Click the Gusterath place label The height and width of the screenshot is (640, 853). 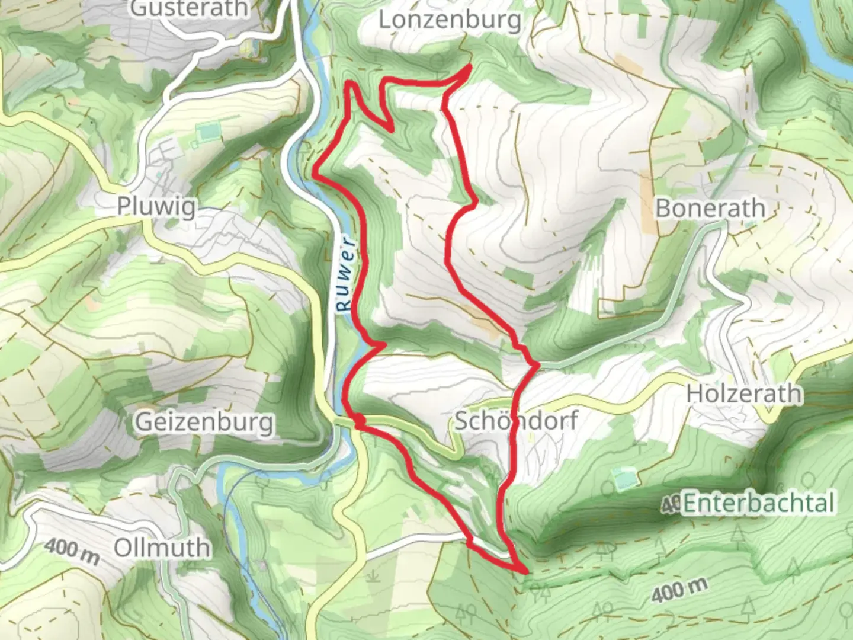[189, 8]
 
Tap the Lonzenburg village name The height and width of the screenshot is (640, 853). [450, 20]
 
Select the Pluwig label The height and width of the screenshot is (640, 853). [156, 206]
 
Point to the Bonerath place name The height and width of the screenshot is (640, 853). [710, 208]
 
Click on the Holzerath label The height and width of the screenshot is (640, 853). [743, 393]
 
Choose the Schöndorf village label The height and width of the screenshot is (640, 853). [515, 421]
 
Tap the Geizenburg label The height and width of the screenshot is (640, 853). [204, 423]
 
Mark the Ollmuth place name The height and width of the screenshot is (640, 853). [162, 548]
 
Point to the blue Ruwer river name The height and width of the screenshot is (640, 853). [345, 274]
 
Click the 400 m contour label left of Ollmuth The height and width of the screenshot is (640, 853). [71, 549]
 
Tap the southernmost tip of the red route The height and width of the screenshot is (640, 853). [525, 571]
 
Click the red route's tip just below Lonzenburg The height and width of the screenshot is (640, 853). [470, 67]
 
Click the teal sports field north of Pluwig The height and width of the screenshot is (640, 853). [206, 132]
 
